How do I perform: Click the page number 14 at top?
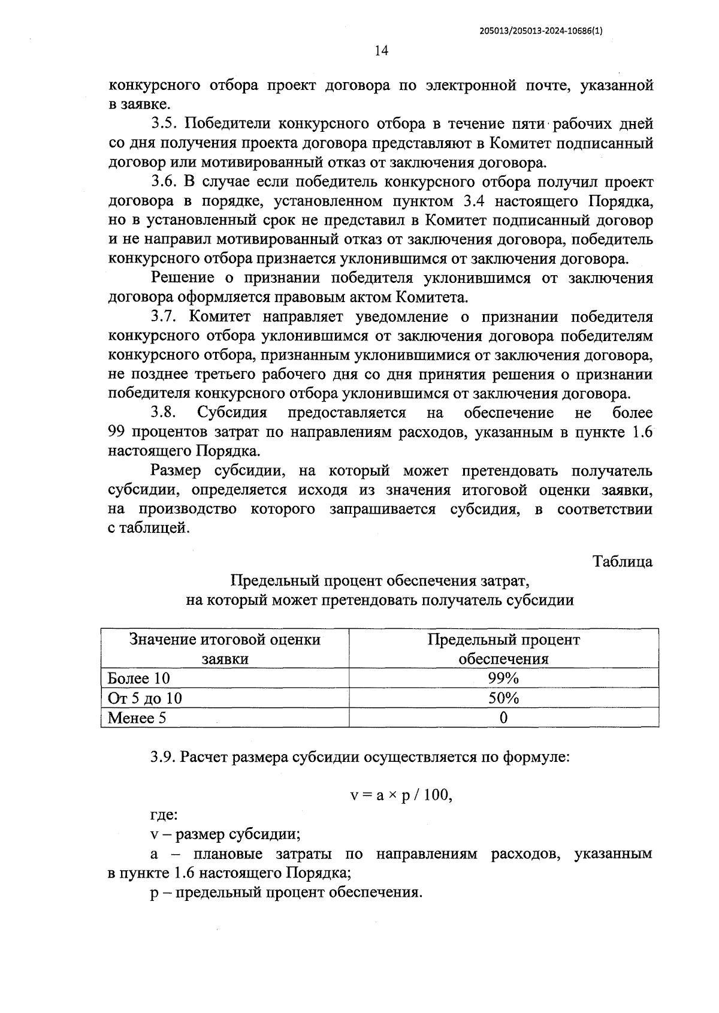(382, 50)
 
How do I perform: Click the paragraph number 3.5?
(162, 124)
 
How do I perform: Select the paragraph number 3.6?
(162, 182)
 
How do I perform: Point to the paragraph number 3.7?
(162, 316)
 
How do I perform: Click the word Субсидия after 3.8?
(232, 413)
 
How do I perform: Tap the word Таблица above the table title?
(623, 562)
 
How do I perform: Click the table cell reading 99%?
(503, 678)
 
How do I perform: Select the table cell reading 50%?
(503, 698)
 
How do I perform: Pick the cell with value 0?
(503, 717)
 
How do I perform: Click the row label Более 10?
(139, 678)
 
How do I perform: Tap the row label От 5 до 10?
(145, 698)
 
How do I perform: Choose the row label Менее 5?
(137, 718)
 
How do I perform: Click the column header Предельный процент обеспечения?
(503, 649)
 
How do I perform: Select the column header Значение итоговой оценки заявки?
(225, 649)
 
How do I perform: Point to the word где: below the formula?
(164, 815)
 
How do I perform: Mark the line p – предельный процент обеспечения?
(286, 893)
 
